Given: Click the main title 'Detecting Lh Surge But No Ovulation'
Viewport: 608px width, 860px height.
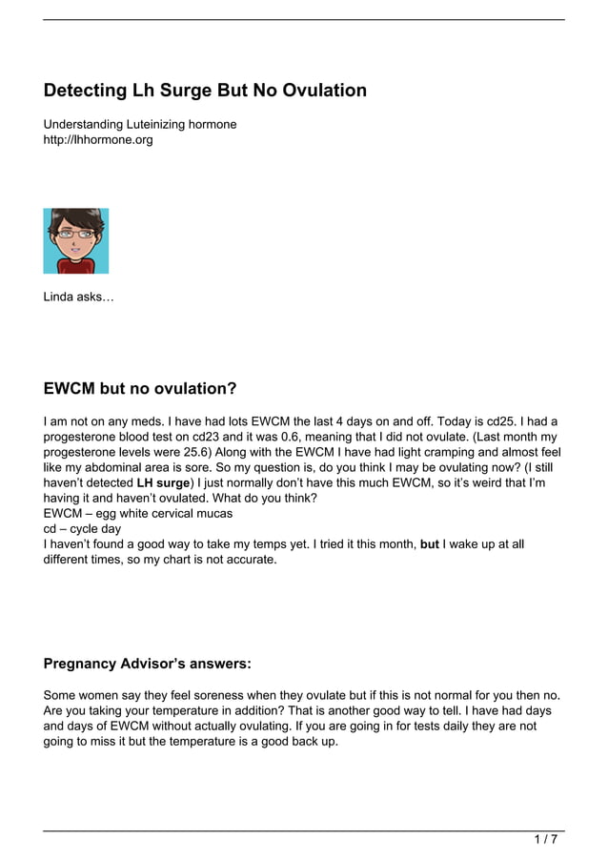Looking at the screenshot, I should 205,91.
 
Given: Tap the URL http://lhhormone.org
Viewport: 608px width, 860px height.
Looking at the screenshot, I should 98,140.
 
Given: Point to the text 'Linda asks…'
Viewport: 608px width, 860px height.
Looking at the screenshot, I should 78,297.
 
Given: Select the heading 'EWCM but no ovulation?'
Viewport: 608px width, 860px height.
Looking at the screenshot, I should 140,389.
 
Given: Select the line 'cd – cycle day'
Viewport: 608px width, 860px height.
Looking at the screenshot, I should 83,528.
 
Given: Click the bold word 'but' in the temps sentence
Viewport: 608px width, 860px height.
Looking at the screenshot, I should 430,543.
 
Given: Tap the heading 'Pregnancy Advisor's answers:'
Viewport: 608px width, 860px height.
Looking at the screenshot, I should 148,664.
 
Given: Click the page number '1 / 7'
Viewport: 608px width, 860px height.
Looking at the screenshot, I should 545,839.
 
